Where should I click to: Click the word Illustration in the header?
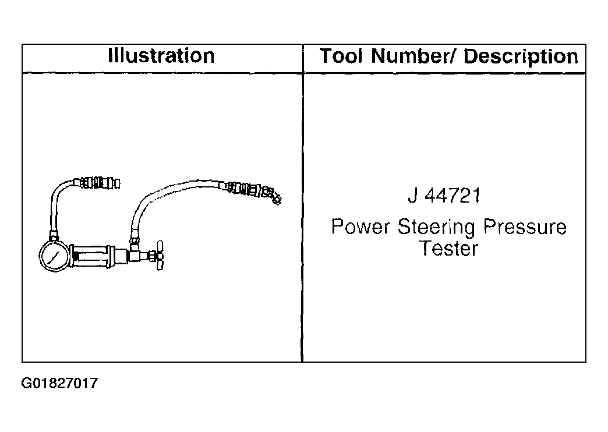coord(161,56)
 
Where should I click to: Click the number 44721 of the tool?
coord(453,196)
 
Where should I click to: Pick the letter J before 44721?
coord(413,196)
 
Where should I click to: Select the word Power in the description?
coord(360,226)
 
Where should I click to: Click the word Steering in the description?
coord(436,228)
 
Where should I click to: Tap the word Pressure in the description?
coord(525,226)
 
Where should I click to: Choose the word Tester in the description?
coord(450,248)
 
